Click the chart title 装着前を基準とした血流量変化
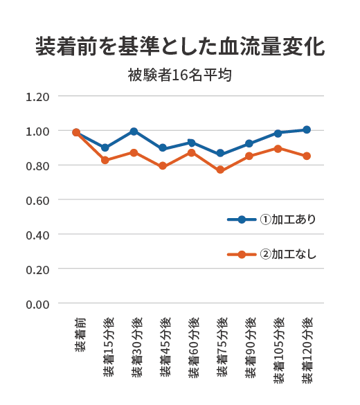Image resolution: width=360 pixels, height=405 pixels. (x=180, y=47)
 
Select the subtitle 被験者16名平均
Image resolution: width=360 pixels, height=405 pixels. (x=179, y=75)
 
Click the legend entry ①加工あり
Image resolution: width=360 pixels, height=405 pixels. (x=288, y=219)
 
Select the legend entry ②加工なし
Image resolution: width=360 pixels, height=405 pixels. (x=288, y=254)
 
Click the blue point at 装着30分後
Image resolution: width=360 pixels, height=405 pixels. (x=134, y=132)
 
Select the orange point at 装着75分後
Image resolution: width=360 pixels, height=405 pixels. (x=220, y=170)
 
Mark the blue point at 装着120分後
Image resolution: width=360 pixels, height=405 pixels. (x=307, y=129)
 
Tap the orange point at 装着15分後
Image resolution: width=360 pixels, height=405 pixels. (x=105, y=160)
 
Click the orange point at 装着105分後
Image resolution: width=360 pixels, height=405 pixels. (x=278, y=148)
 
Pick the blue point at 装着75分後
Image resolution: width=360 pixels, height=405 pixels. (x=220, y=154)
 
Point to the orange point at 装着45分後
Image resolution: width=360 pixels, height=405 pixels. (x=163, y=166)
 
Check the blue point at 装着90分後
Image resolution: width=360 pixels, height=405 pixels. (x=249, y=144)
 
